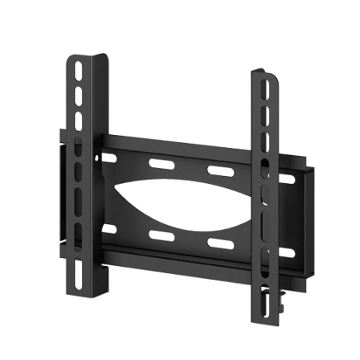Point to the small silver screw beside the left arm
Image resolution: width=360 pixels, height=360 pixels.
pyautogui.click(x=98, y=157)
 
